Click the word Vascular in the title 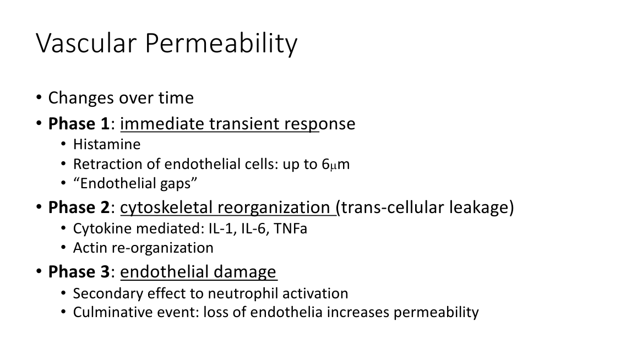pyautogui.click(x=86, y=43)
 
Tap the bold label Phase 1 pyautogui.click(x=79, y=124)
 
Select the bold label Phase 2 pyautogui.click(x=79, y=208)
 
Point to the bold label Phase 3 pyautogui.click(x=79, y=272)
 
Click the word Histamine pyautogui.click(x=107, y=144)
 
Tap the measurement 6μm pyautogui.click(x=335, y=164)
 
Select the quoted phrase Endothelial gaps pyautogui.click(x=135, y=184)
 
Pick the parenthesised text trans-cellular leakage pyautogui.click(x=425, y=208)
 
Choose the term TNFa pyautogui.click(x=290, y=228)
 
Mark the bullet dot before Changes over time pyautogui.click(x=39, y=98)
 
